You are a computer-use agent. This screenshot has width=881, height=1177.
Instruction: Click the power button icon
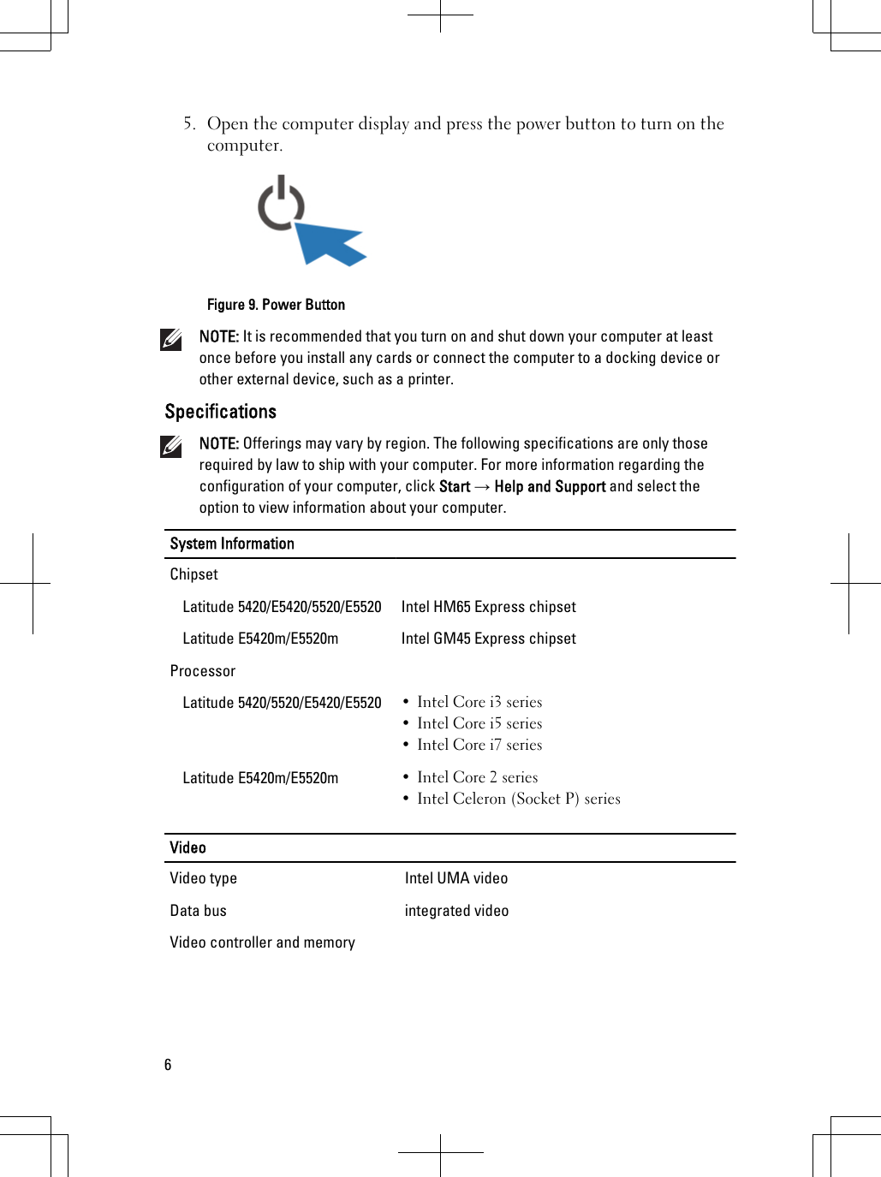[x=281, y=205]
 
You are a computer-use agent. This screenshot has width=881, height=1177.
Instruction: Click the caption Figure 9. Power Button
[x=276, y=305]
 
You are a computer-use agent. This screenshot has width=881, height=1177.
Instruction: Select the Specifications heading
[x=220, y=412]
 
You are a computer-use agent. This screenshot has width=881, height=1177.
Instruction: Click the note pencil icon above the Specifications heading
[x=171, y=340]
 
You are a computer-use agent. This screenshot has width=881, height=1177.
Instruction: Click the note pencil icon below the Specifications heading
[x=171, y=447]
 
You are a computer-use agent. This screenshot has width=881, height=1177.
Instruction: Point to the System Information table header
[x=232, y=544]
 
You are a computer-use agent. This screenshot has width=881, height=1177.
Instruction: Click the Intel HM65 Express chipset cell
[x=488, y=607]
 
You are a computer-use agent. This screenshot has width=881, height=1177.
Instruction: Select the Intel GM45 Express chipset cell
[x=488, y=639]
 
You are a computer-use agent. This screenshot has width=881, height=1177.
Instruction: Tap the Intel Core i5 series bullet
[x=479, y=723]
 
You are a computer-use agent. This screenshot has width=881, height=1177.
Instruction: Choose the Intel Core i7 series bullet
[x=479, y=745]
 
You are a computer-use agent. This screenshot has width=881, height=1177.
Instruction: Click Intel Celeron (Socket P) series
[x=518, y=799]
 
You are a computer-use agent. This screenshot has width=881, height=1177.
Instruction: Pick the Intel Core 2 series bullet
[x=477, y=777]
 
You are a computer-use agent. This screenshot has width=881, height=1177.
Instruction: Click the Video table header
[x=188, y=847]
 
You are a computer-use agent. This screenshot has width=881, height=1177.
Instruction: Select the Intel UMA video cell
[x=455, y=878]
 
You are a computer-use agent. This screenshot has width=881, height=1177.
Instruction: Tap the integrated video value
[x=456, y=911]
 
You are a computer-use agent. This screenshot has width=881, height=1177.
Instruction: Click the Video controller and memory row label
[x=262, y=942]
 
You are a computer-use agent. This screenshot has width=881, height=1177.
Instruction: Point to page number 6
[x=168, y=1065]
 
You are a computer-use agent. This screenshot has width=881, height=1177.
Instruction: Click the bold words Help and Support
[x=550, y=487]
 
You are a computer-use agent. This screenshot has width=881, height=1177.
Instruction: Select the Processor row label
[x=202, y=671]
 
